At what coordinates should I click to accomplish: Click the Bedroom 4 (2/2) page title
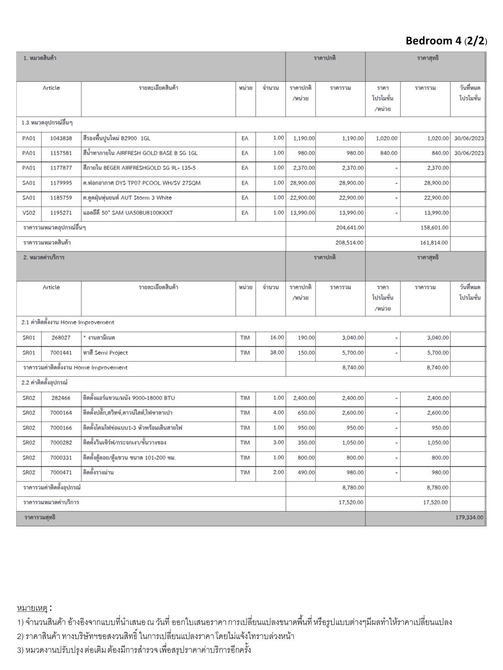(446, 41)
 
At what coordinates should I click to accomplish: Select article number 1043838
(61, 138)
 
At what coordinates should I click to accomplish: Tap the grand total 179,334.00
(469, 517)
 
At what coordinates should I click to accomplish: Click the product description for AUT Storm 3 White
(127, 198)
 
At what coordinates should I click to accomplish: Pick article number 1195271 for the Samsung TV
(61, 213)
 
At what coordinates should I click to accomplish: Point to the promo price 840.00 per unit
(389, 153)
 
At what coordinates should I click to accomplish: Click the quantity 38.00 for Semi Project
(277, 353)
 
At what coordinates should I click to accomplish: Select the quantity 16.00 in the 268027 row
(277, 338)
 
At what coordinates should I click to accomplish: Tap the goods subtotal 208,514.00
(349, 243)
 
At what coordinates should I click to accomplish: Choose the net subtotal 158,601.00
(434, 228)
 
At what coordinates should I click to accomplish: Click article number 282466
(61, 398)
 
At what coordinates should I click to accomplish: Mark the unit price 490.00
(306, 472)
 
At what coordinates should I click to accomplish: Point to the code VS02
(29, 213)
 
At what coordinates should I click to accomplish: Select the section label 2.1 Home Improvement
(68, 322)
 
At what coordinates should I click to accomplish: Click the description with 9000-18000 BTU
(129, 398)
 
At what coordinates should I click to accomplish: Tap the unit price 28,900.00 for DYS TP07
(302, 183)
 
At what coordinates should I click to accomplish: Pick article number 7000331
(61, 458)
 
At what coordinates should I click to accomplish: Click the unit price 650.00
(306, 413)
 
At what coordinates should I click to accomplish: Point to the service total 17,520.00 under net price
(436, 502)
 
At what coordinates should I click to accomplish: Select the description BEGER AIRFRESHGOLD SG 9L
(140, 168)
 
